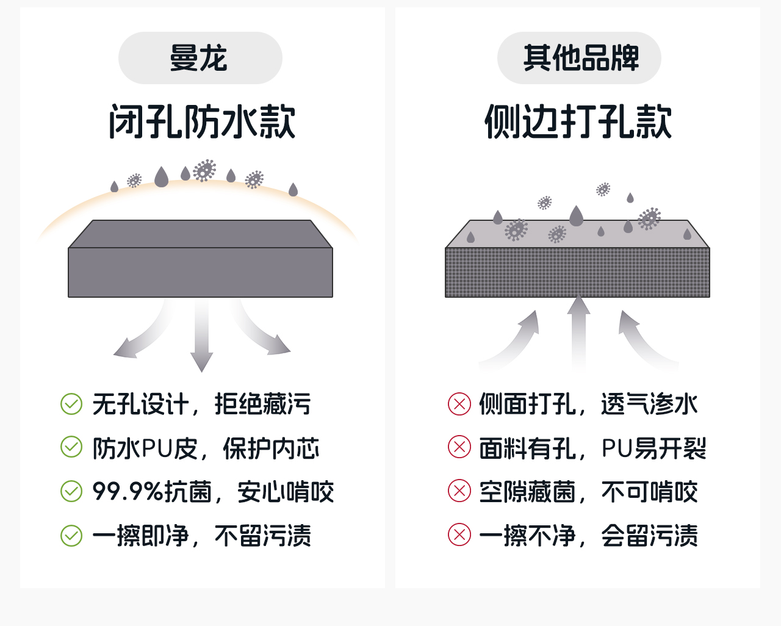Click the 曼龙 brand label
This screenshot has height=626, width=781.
[200, 59]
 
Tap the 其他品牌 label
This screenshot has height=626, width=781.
[580, 59]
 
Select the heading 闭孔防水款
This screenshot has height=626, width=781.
[202, 121]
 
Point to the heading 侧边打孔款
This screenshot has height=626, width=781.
[578, 121]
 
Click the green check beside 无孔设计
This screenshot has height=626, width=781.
[71, 404]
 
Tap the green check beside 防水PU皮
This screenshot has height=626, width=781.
[71, 447]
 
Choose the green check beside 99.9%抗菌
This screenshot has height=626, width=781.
[71, 491]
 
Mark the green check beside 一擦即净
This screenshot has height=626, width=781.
[71, 535]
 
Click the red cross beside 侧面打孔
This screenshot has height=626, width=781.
[459, 404]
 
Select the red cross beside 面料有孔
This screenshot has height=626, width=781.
[459, 447]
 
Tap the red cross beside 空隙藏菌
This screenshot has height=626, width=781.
[459, 491]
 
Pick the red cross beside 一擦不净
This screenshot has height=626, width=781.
[459, 535]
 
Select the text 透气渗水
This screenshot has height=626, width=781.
[649, 404]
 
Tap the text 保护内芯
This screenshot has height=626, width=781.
[272, 448]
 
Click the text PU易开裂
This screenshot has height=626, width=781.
[653, 448]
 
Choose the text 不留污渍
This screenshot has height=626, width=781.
[263, 536]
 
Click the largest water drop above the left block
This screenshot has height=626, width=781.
[161, 177]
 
